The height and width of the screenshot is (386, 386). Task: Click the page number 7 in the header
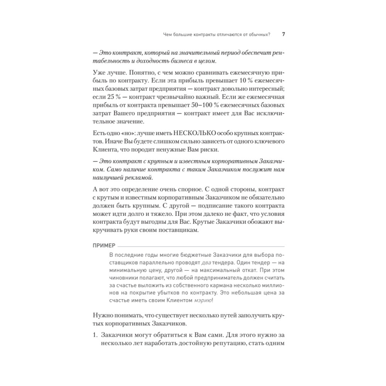point(284,34)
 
